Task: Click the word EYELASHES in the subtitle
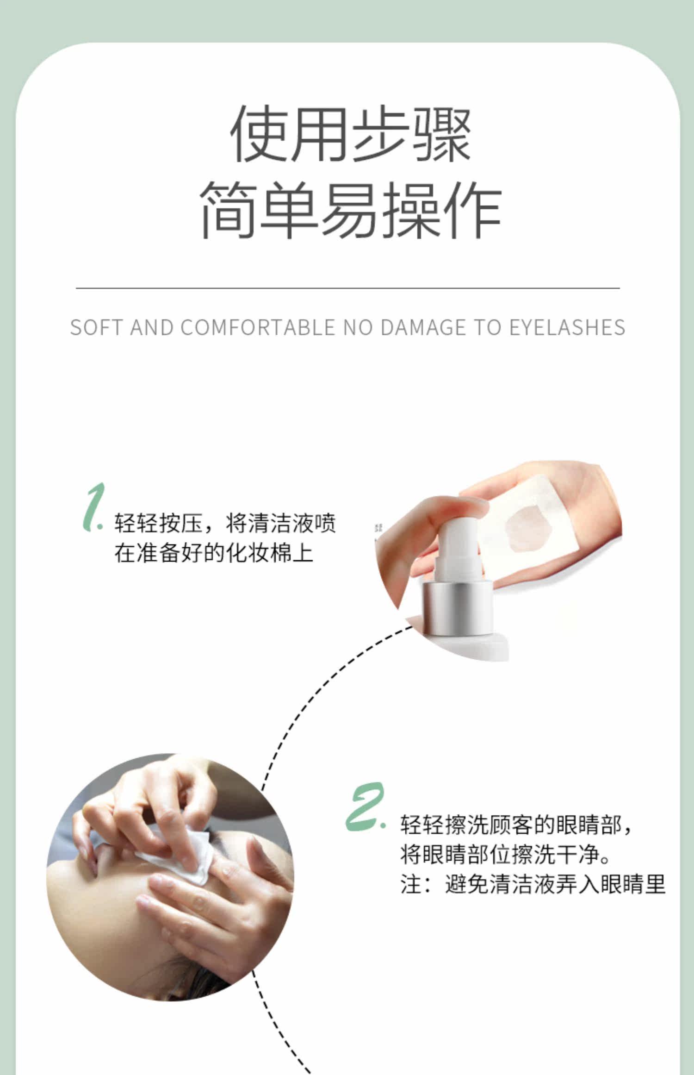[567, 327]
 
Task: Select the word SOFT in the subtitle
[97, 327]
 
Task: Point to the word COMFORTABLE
[258, 327]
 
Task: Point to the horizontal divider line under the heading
[347, 288]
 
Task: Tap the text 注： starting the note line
[417, 884]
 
